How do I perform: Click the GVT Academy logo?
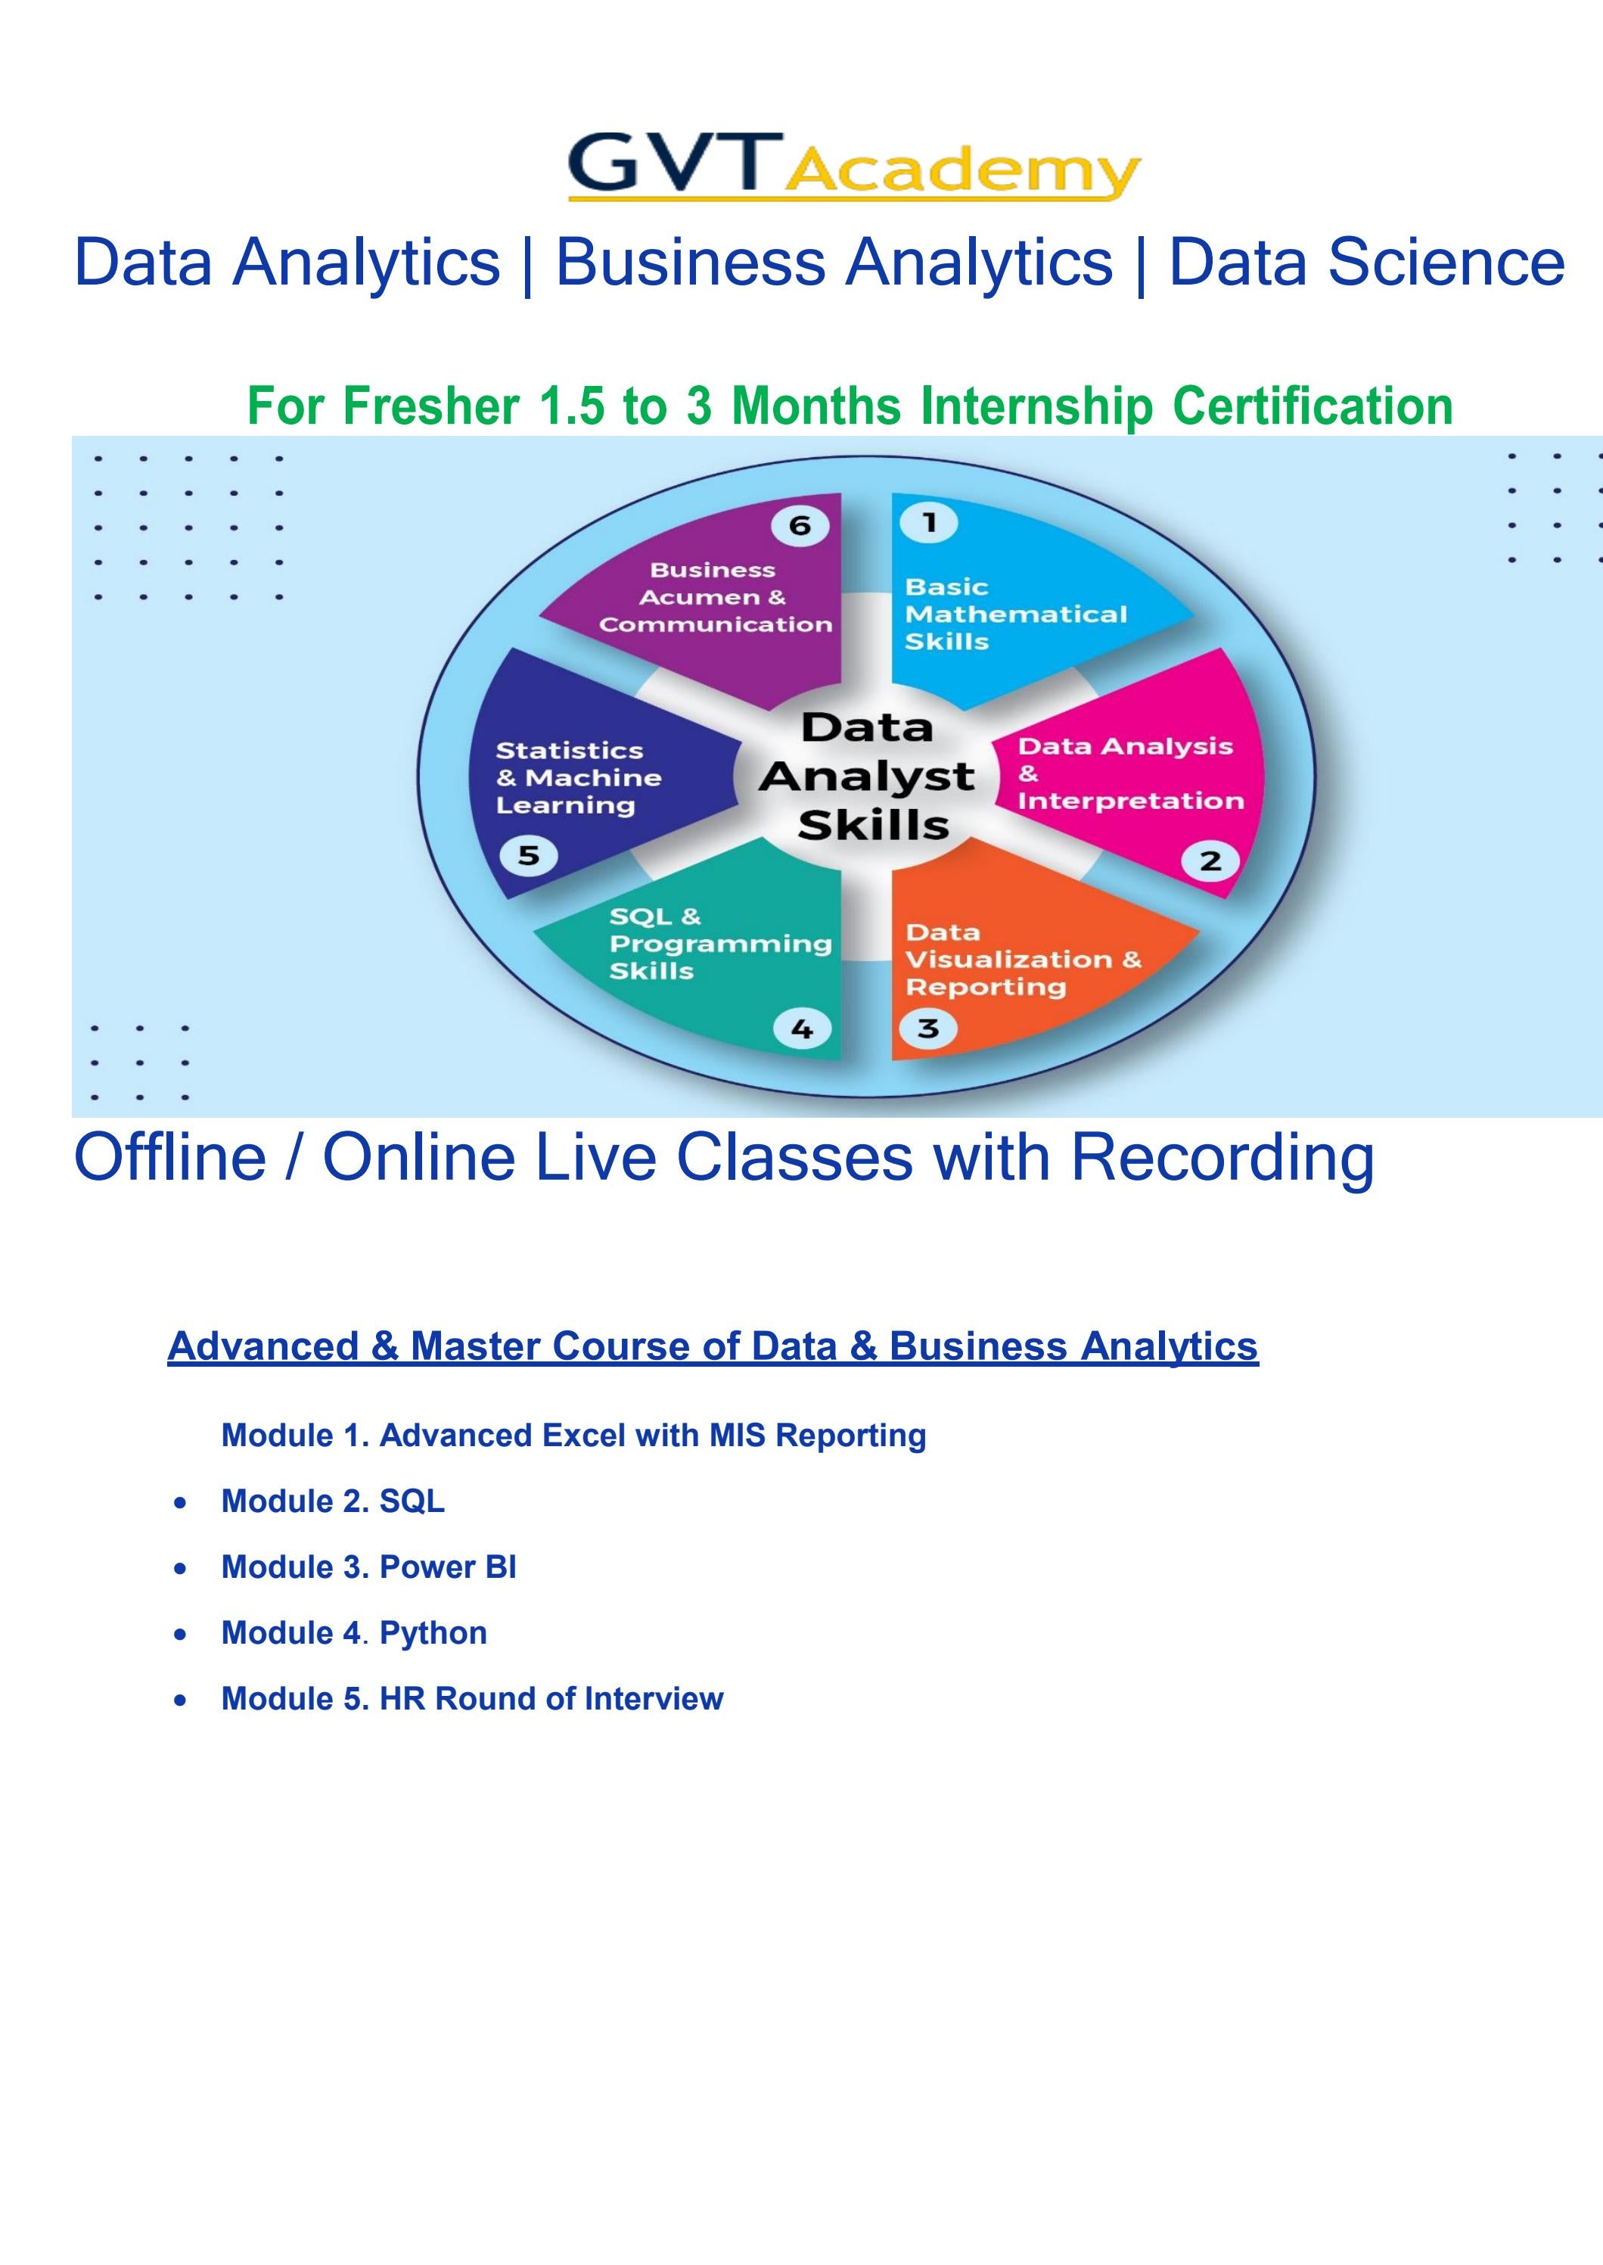click(x=854, y=166)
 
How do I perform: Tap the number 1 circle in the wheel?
click(x=928, y=522)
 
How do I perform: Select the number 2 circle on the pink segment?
click(x=1210, y=861)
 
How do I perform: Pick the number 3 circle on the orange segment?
click(x=928, y=1029)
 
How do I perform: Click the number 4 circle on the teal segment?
click(x=802, y=1029)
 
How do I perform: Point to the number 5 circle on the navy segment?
click(x=529, y=855)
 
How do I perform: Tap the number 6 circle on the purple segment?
click(x=800, y=524)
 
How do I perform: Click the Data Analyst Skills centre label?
click(x=868, y=776)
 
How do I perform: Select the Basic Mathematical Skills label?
click(x=1014, y=614)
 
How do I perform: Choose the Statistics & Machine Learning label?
click(x=577, y=778)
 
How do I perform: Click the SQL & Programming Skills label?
click(x=719, y=944)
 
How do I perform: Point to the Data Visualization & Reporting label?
click(x=1023, y=960)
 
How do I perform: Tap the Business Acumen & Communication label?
click(x=715, y=597)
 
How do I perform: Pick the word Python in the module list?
click(x=433, y=1632)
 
